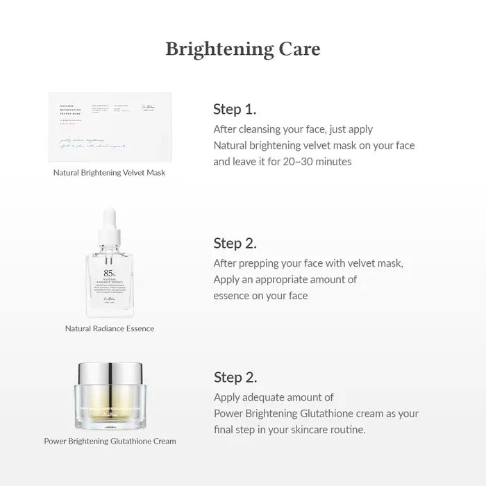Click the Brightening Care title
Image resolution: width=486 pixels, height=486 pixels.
coord(242,49)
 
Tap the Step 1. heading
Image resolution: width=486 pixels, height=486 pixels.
coord(235,109)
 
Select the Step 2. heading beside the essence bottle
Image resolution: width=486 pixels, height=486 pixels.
coord(235,243)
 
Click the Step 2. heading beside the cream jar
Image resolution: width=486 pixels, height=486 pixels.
coord(235,377)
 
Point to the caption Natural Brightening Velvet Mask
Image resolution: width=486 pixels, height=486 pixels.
coord(110,172)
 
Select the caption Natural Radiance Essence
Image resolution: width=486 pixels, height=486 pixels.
coord(110,328)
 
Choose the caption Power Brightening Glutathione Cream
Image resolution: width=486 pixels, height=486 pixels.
coord(110,441)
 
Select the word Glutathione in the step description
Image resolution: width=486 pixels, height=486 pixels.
coord(335,413)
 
